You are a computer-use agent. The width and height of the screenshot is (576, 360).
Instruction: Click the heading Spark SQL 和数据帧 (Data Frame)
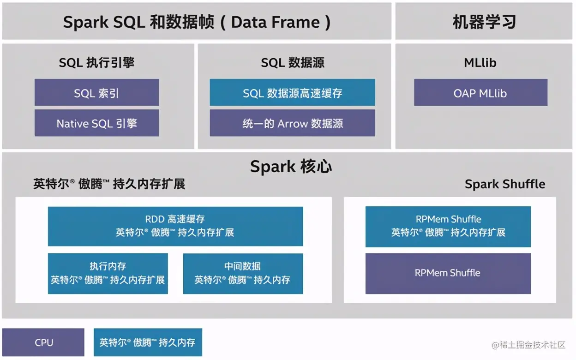pos(197,22)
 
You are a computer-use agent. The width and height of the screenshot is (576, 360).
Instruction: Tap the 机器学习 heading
pos(484,22)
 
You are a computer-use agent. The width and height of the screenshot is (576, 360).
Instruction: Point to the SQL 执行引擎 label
pos(96,63)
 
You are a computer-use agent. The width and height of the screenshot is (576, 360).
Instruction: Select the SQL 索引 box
pos(96,93)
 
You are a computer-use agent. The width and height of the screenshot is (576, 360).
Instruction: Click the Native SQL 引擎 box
pos(96,123)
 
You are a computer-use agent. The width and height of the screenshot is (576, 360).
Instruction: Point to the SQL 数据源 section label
pos(293,63)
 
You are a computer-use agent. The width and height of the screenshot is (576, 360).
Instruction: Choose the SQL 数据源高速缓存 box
pos(292,93)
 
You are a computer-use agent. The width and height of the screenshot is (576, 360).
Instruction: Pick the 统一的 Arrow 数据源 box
pos(292,123)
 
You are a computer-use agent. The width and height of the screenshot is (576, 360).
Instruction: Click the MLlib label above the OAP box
pos(480,63)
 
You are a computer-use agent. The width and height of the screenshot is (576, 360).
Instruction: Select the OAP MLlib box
pos(480,93)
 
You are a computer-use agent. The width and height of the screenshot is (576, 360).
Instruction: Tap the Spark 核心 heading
pos(291,167)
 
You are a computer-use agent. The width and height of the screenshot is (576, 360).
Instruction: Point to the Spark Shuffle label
pos(504,184)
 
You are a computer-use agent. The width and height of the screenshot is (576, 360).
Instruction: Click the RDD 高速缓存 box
pos(175,226)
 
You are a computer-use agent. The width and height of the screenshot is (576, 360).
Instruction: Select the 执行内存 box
pos(108,273)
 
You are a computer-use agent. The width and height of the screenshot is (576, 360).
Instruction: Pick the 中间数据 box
pos(243,273)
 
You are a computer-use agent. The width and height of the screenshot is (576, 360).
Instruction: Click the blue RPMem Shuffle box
pos(448,226)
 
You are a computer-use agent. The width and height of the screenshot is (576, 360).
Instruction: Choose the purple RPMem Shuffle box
pos(448,273)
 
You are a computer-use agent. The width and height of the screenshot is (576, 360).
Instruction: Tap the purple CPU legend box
pos(43,342)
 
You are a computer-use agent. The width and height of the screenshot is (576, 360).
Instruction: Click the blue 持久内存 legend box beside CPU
pos(148,342)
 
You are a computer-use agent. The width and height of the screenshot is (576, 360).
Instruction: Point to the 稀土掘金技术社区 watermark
pos(528,345)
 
